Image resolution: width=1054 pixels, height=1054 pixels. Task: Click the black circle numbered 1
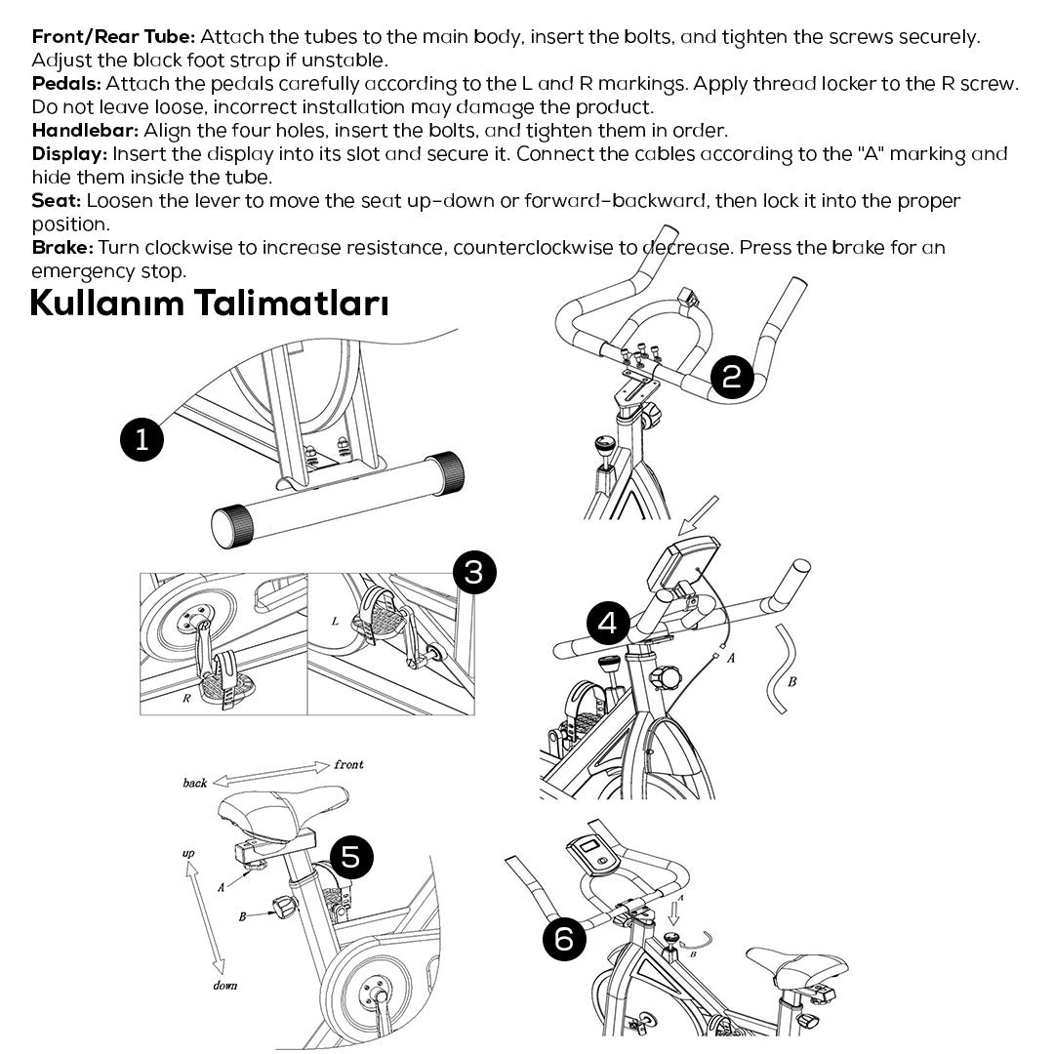(x=142, y=439)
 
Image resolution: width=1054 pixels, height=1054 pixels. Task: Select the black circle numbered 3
(x=474, y=572)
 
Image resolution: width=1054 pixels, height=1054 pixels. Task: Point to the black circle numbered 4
(x=608, y=623)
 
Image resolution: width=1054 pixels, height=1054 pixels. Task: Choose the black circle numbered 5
(x=351, y=857)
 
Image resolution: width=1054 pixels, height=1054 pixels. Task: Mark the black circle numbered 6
(x=564, y=939)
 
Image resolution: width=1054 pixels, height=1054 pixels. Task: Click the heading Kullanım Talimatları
(x=209, y=304)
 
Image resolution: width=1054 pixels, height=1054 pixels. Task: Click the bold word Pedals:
(x=66, y=84)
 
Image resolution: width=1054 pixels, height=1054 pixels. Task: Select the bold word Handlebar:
(x=85, y=131)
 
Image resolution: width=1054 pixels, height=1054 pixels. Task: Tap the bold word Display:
(x=70, y=154)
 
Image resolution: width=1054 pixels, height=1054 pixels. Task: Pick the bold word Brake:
(x=62, y=248)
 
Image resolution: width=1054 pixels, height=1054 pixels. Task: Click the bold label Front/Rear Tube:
(x=114, y=37)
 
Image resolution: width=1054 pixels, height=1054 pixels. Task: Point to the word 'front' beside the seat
(x=348, y=764)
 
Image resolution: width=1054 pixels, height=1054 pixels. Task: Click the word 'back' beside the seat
(x=195, y=783)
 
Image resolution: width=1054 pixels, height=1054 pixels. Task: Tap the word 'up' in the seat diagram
(x=188, y=854)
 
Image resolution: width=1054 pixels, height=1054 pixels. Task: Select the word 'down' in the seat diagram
(x=224, y=986)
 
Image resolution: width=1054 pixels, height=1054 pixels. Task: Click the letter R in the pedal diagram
(x=185, y=698)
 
